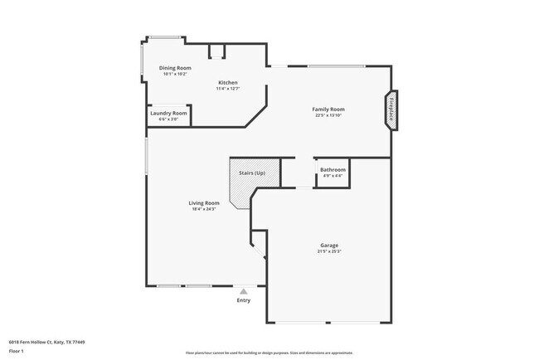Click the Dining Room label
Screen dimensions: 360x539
click(175, 68)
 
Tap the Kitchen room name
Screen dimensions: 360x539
click(228, 82)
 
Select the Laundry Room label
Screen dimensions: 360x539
click(168, 113)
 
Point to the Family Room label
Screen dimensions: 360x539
click(328, 109)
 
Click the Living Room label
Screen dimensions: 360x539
click(204, 203)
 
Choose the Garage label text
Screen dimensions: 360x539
click(329, 245)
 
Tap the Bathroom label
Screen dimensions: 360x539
click(333, 169)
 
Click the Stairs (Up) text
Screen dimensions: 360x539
click(252, 173)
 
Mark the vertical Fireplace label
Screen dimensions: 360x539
click(391, 110)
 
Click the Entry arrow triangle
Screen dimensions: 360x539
click(243, 291)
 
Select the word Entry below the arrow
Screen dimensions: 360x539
click(243, 300)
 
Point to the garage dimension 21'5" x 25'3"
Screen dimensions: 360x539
click(329, 251)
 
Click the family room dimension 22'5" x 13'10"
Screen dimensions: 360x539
click(328, 115)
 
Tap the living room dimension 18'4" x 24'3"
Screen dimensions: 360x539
click(204, 209)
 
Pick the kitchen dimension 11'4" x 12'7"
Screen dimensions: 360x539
click(228, 89)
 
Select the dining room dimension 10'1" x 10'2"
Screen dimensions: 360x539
click(175, 74)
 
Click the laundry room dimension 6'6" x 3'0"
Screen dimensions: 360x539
click(168, 119)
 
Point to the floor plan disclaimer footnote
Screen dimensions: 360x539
click(269, 352)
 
